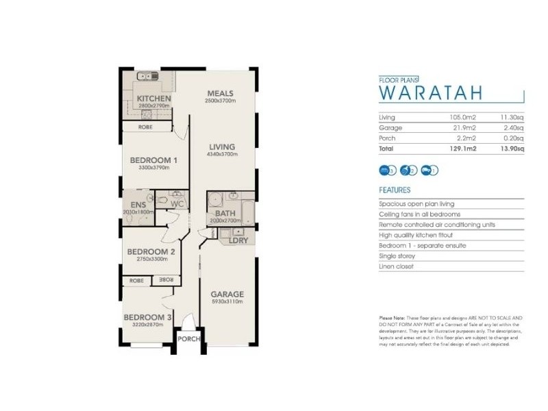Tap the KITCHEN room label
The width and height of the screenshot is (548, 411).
pyautogui.click(x=153, y=99)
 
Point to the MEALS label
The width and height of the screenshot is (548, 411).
pyautogui.click(x=221, y=94)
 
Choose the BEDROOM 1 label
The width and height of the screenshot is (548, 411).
pyautogui.click(x=154, y=160)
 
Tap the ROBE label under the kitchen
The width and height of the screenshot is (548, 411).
pyautogui.click(x=145, y=127)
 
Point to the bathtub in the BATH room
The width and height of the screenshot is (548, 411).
pyautogui.click(x=245, y=206)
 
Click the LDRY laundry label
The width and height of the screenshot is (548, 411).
pyautogui.click(x=239, y=240)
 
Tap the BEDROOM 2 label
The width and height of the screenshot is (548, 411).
pyautogui.click(x=151, y=251)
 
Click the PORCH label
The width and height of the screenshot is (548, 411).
pyautogui.click(x=188, y=339)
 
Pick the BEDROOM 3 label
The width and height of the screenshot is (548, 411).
pyautogui.click(x=147, y=317)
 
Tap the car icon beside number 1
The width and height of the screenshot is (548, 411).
pyautogui.click(x=428, y=170)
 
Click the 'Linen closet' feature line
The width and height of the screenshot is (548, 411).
pyautogui.click(x=397, y=266)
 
